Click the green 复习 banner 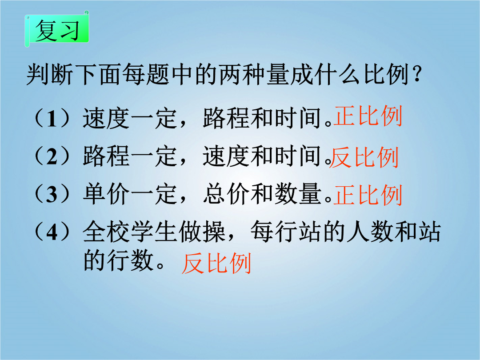pos(57,29)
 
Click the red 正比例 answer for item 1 pos(368,116)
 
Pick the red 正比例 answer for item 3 pos(368,195)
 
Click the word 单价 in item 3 pos(107,194)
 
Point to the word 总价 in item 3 pos(227,194)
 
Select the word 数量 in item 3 pos(298,194)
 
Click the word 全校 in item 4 pos(107,232)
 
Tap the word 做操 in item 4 pos(202,232)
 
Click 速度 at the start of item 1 pos(107,118)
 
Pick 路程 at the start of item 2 pos(107,156)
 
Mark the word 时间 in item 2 pos(298,156)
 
